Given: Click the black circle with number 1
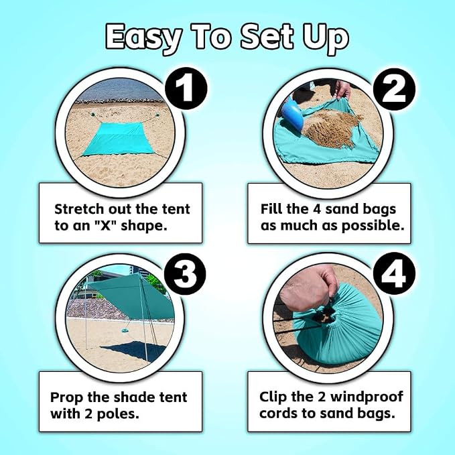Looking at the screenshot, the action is tap(186, 88).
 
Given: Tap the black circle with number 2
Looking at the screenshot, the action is tap(394, 89).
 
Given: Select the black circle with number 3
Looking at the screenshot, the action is tap(185, 274).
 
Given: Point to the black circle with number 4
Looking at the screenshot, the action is tap(394, 274).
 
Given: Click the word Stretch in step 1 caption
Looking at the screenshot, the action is tap(79, 209).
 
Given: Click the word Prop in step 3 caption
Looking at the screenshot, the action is tap(66, 397).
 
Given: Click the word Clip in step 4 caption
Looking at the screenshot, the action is tap(273, 397).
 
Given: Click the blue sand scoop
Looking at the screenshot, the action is tap(291, 114).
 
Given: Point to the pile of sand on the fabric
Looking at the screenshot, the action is tap(332, 127).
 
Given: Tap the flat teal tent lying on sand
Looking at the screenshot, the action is tap(119, 139).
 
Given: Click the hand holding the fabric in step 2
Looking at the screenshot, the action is tap(343, 89).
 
